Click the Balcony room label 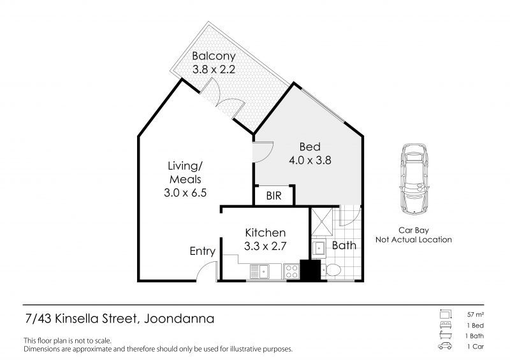(x=214, y=56)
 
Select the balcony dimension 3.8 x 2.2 (x=214, y=69)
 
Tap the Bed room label (x=310, y=147)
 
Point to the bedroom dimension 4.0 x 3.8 (x=310, y=161)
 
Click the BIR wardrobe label (x=274, y=196)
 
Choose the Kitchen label (x=265, y=233)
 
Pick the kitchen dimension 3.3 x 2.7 (x=265, y=246)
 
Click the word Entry (x=203, y=252)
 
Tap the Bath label (x=344, y=245)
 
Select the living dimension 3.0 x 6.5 (x=185, y=193)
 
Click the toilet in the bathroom (x=331, y=270)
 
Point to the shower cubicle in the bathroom (x=322, y=222)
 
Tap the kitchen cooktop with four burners (x=291, y=271)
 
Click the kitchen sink (x=259, y=271)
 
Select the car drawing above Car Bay (x=414, y=178)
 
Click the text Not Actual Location (x=414, y=240)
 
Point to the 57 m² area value (x=476, y=315)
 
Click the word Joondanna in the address (x=179, y=319)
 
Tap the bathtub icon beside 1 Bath (x=445, y=335)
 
